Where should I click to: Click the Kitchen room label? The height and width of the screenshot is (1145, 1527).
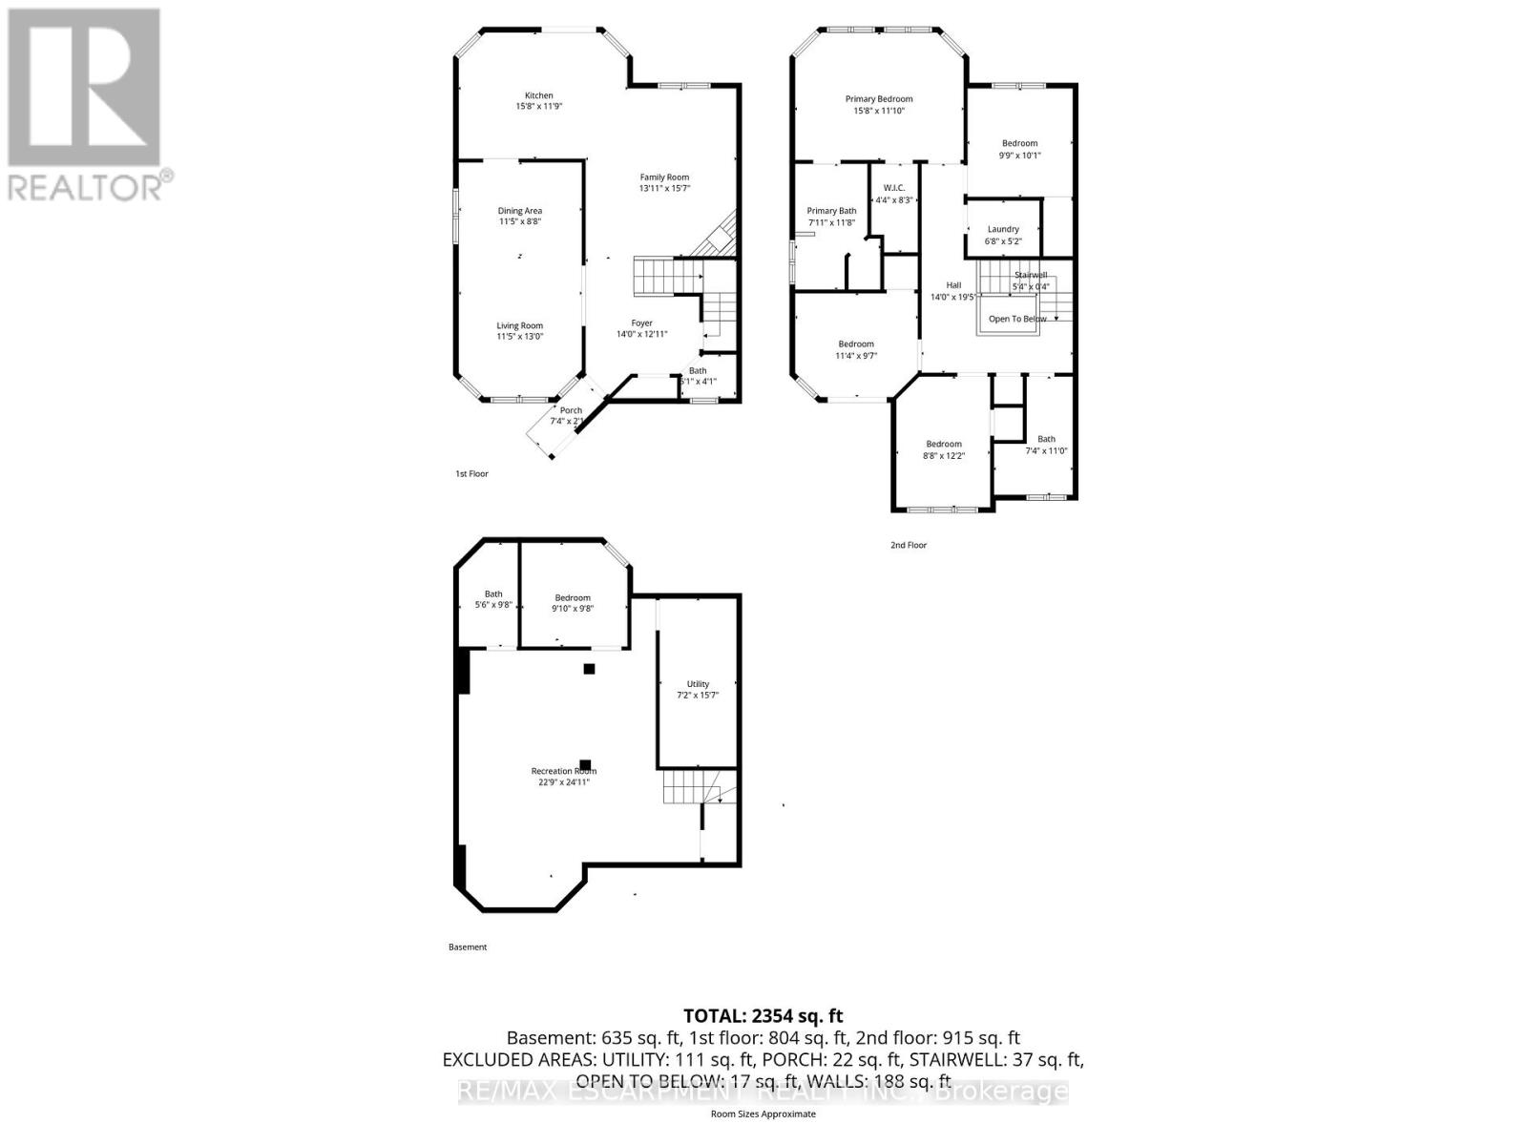pyautogui.click(x=538, y=95)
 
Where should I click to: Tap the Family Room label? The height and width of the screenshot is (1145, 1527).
pyautogui.click(x=664, y=177)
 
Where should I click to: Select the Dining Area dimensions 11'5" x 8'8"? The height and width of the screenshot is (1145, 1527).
pyautogui.click(x=520, y=221)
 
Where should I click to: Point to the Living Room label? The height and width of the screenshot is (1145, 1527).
pyautogui.click(x=519, y=325)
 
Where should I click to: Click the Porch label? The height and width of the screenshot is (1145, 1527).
pyautogui.click(x=571, y=410)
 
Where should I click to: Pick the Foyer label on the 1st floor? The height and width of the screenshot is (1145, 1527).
pyautogui.click(x=642, y=323)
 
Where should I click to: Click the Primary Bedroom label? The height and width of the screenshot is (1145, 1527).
pyautogui.click(x=879, y=98)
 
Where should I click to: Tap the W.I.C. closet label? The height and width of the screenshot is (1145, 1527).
pyautogui.click(x=894, y=188)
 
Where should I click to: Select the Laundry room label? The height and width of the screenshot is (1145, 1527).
pyautogui.click(x=1003, y=229)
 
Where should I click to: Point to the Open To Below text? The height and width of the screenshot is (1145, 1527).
pyautogui.click(x=1017, y=319)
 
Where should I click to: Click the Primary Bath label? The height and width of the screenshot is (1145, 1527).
pyautogui.click(x=831, y=211)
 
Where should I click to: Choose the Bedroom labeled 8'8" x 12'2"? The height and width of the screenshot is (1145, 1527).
pyautogui.click(x=944, y=449)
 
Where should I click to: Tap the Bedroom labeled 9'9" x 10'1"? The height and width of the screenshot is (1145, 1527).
pyautogui.click(x=1019, y=149)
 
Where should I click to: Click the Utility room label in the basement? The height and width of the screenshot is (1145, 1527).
pyautogui.click(x=698, y=684)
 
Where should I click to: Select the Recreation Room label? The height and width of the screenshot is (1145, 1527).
pyautogui.click(x=563, y=771)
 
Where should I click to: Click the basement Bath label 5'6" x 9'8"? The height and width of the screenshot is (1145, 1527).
pyautogui.click(x=493, y=599)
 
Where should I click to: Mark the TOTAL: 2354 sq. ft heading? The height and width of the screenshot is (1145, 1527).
pyautogui.click(x=763, y=1016)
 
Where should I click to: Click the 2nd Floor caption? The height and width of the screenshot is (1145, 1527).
pyautogui.click(x=908, y=545)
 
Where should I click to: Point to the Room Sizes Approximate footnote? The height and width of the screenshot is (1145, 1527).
pyautogui.click(x=763, y=1114)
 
